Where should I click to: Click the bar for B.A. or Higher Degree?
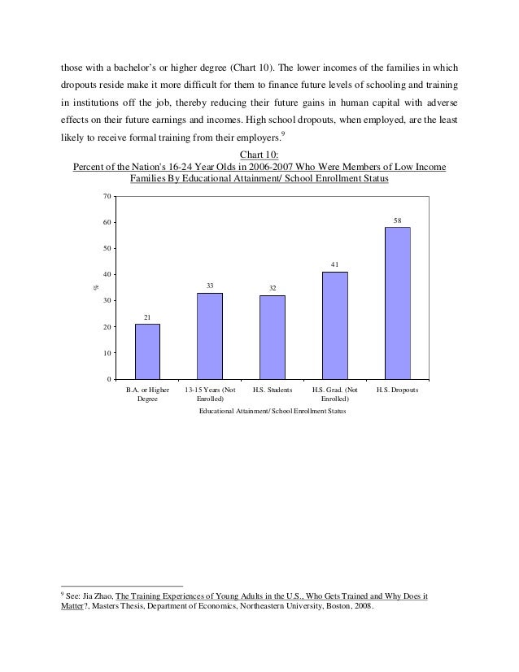[x=147, y=351]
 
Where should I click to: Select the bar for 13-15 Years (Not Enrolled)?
[x=210, y=336]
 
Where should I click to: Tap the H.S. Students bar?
[x=273, y=337]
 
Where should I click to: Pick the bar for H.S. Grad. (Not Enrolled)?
[x=335, y=325]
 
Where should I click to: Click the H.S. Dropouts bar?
[x=397, y=303]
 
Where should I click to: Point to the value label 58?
[x=397, y=220]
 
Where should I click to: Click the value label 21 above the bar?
[x=147, y=317]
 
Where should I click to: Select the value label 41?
[x=335, y=264]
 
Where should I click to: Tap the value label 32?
[x=273, y=288]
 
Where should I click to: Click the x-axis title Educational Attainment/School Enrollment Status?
[x=273, y=412]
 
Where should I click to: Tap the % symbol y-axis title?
[x=94, y=286]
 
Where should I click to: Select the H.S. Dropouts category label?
[x=397, y=391]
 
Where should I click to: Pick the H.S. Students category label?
[x=273, y=391]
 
